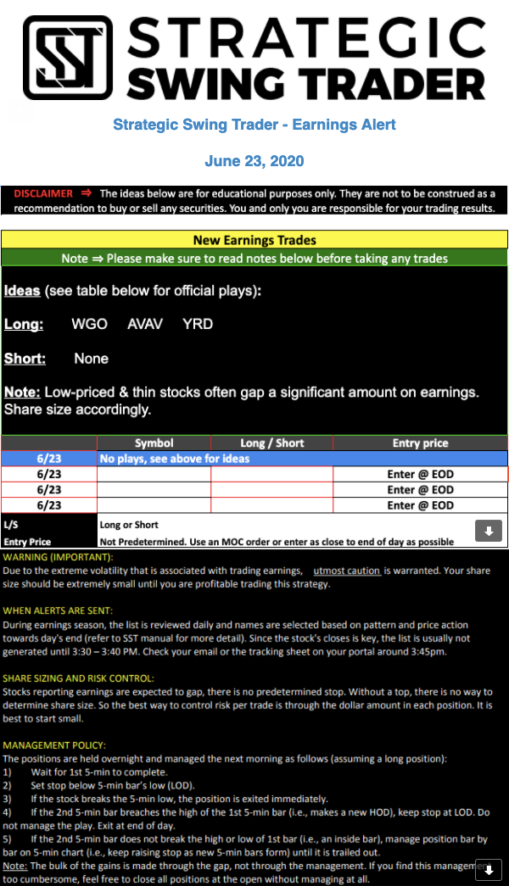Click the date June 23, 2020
pos(255,161)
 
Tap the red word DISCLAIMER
pos(43,193)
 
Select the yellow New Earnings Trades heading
pos(255,240)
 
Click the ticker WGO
pos(89,324)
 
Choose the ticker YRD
pos(198,324)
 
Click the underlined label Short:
pos(25,359)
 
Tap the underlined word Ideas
pos(22,291)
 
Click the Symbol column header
pos(154,443)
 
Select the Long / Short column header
pos(271,443)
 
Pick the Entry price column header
pos(420,443)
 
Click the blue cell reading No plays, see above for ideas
pos(173,459)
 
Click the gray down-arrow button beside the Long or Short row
pos(488,532)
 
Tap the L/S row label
pos(11,525)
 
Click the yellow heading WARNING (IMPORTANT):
pos(58,557)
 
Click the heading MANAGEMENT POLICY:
pos(54,744)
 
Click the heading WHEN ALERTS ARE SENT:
pos(59,610)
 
